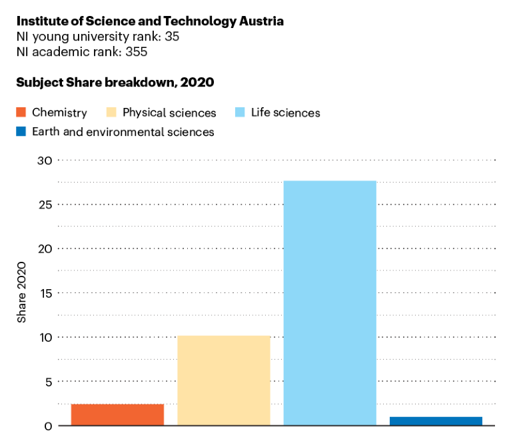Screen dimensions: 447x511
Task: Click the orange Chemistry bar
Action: click(x=117, y=414)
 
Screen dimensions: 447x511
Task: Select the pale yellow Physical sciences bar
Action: click(x=223, y=380)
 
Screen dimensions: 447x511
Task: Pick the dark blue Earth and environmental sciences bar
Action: click(x=436, y=421)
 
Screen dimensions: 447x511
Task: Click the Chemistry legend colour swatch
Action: click(x=21, y=113)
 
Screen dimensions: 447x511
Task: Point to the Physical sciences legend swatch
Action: click(x=111, y=113)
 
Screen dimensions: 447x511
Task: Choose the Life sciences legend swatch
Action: click(x=240, y=113)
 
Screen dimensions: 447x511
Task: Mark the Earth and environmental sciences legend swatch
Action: click(x=21, y=132)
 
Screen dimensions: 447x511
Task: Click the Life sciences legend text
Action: click(x=285, y=113)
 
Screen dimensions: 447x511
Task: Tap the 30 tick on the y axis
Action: click(x=45, y=160)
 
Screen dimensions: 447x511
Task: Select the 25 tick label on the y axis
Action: click(x=45, y=205)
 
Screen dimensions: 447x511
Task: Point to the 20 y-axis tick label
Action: click(x=45, y=248)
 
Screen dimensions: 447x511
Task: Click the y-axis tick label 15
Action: click(x=45, y=293)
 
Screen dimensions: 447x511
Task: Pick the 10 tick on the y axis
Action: click(x=45, y=337)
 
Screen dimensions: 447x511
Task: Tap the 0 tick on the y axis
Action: click(x=48, y=426)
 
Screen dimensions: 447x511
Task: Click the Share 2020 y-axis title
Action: click(x=22, y=293)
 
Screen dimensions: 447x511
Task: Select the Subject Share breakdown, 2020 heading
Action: click(x=115, y=83)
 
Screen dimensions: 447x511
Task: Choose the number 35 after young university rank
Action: click(x=171, y=37)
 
